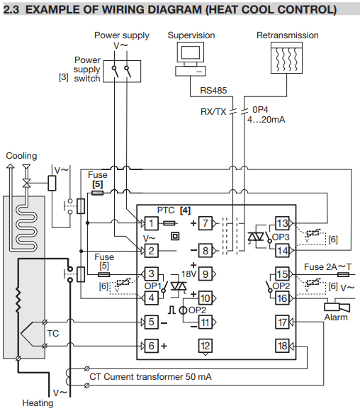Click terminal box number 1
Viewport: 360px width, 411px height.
pyautogui.click(x=151, y=223)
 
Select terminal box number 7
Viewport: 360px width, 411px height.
pyautogui.click(x=206, y=223)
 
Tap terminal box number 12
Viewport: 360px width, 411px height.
pyautogui.click(x=206, y=346)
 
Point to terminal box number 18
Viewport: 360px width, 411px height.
pyautogui.click(x=282, y=346)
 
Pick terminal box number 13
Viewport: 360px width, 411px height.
pyautogui.click(x=282, y=223)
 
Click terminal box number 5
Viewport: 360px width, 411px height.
pyautogui.click(x=151, y=322)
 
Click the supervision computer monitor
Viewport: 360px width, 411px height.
pyautogui.click(x=191, y=52)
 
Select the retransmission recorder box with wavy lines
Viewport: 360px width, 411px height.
pyautogui.click(x=286, y=57)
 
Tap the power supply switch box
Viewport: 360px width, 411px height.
pyautogui.click(x=122, y=72)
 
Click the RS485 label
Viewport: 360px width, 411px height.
pyautogui.click(x=213, y=91)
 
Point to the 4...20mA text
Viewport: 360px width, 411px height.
pyautogui.click(x=266, y=120)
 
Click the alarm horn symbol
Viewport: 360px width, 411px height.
pyautogui.click(x=337, y=308)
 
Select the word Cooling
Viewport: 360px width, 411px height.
pyautogui.click(x=21, y=156)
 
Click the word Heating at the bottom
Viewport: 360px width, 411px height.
pyautogui.click(x=38, y=403)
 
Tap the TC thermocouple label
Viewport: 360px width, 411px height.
pyautogui.click(x=53, y=334)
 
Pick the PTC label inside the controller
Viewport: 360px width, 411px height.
pyautogui.click(x=166, y=210)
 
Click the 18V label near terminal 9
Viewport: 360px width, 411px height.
pyautogui.click(x=189, y=274)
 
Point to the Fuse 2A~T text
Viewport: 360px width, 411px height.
pyautogui.click(x=327, y=267)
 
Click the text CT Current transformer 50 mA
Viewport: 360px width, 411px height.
pyautogui.click(x=150, y=377)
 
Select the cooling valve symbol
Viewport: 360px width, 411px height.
pyautogui.click(x=26, y=183)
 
